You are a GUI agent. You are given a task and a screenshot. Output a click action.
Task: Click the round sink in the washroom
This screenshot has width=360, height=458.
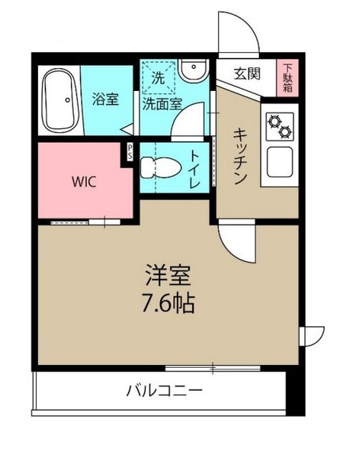[x=193, y=69]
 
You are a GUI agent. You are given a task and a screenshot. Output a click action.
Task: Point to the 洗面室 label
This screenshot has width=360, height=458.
[x=161, y=103]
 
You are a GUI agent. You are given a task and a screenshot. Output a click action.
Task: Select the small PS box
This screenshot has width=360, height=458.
[x=130, y=151]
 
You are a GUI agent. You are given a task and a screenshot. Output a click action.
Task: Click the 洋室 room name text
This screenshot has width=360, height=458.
[x=169, y=274]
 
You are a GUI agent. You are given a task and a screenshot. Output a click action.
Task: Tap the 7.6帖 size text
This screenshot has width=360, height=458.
[x=169, y=303]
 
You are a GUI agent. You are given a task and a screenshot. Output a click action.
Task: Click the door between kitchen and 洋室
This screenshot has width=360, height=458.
[x=236, y=240]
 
